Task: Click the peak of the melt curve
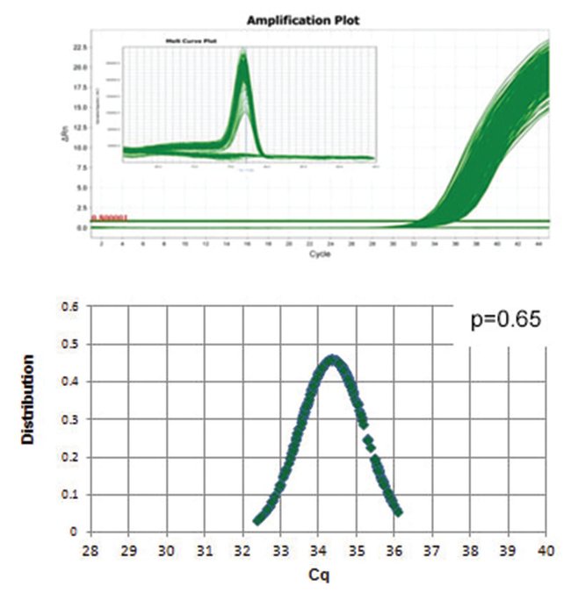tap(243, 54)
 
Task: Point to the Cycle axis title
tap(322, 254)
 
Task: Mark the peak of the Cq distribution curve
tap(332, 357)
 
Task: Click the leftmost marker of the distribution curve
tap(257, 520)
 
